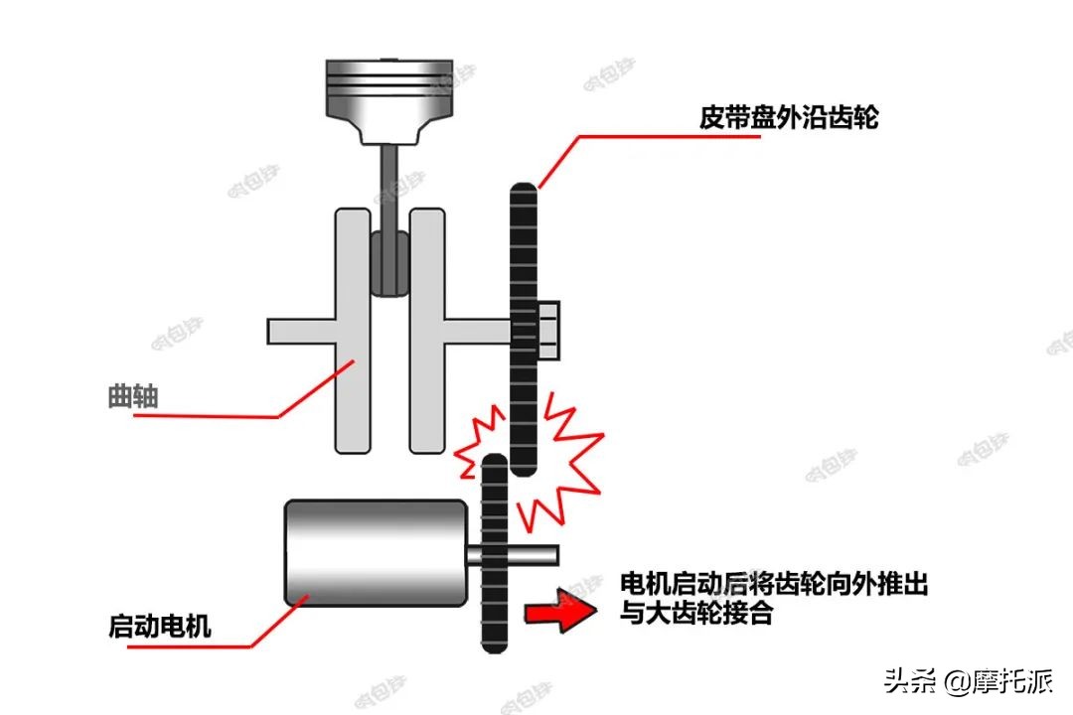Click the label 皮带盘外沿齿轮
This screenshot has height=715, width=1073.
[x=789, y=118]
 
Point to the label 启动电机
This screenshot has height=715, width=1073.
[x=159, y=628]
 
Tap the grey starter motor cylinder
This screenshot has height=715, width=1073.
[x=376, y=552]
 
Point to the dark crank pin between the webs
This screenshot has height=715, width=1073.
[x=390, y=263]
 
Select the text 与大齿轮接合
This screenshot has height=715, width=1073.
[x=695, y=614]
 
